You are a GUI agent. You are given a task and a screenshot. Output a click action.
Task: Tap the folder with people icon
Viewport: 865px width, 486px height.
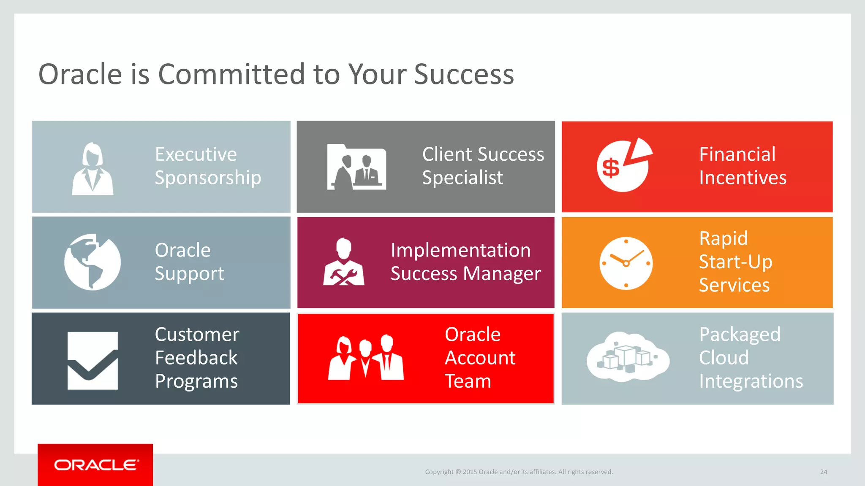pyautogui.click(x=356, y=167)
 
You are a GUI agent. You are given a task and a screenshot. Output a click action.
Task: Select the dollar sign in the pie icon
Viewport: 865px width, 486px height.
pyautogui.click(x=611, y=168)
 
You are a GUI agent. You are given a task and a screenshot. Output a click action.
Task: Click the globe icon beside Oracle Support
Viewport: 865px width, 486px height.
pyautogui.click(x=92, y=262)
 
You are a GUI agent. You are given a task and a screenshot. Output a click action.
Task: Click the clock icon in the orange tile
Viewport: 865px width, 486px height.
pyautogui.click(x=626, y=263)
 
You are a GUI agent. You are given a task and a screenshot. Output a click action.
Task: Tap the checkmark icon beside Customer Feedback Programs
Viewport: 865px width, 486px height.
pyautogui.click(x=92, y=361)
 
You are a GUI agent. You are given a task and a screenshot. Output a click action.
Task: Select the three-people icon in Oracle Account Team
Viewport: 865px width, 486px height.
pyautogui.click(x=366, y=358)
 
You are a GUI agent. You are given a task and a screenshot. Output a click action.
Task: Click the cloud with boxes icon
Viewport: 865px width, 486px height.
pyautogui.click(x=628, y=357)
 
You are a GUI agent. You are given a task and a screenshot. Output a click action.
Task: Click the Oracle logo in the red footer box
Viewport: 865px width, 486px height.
pyautogui.click(x=95, y=465)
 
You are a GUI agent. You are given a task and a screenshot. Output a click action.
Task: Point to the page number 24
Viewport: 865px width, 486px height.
pyautogui.click(x=824, y=472)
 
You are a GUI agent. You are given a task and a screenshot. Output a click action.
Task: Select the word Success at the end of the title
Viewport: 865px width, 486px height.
pyautogui.click(x=464, y=74)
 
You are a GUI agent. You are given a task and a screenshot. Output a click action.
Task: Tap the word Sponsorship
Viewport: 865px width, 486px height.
pyautogui.click(x=208, y=178)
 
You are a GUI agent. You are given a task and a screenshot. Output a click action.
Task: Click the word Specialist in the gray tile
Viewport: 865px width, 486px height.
pyautogui.click(x=462, y=178)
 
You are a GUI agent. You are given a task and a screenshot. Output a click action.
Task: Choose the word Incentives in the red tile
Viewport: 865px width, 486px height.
pyautogui.click(x=743, y=178)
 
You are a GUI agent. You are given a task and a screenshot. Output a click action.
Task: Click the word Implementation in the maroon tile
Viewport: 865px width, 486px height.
pyautogui.click(x=460, y=250)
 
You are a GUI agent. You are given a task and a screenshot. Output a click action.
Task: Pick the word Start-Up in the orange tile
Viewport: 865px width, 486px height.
pyautogui.click(x=735, y=262)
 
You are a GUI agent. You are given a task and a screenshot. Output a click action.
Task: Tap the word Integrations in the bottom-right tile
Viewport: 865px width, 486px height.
pyautogui.click(x=751, y=381)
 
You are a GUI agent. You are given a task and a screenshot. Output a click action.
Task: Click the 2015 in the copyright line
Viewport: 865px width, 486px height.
pyautogui.click(x=470, y=472)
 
